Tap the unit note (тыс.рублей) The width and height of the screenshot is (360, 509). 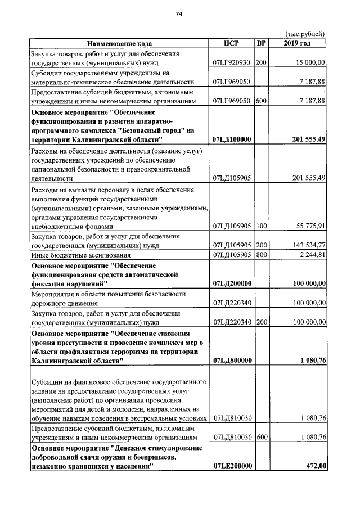(305, 34)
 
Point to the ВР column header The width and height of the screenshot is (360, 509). (261, 43)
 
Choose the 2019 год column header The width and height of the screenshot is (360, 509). (297, 43)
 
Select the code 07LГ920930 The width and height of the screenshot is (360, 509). (231, 62)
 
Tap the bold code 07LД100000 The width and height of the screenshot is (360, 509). (232, 139)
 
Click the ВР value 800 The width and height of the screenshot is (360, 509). (260, 255)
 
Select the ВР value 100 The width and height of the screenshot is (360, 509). (260, 226)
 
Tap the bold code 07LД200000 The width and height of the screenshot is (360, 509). (232, 284)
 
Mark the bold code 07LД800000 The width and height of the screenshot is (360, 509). (232, 361)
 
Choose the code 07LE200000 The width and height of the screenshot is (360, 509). (232, 466)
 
